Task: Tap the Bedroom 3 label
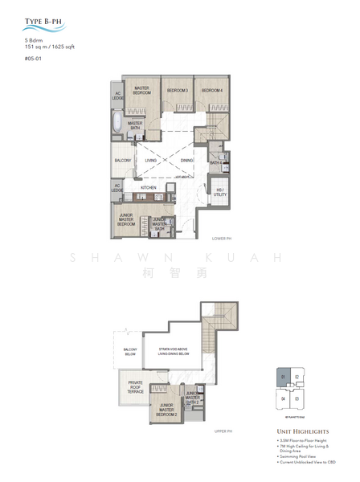tap(177, 92)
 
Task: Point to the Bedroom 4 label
tap(211, 92)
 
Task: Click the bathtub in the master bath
tap(118, 125)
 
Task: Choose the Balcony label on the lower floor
tap(122, 161)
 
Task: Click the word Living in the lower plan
tap(151, 161)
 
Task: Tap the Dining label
tap(186, 161)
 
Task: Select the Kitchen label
tap(149, 187)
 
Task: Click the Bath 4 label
tap(215, 163)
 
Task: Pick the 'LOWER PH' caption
tap(223, 239)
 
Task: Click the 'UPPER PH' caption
tap(223, 431)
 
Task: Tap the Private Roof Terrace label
tap(133, 386)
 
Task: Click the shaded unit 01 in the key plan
tap(284, 378)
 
